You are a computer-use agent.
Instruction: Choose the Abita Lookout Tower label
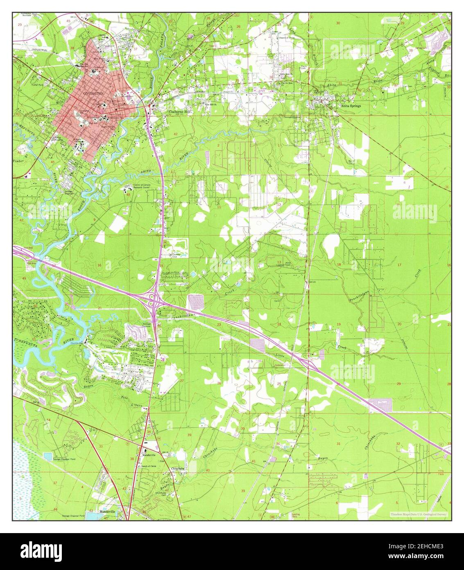coord(289,264)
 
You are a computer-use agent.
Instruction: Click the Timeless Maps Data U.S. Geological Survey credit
coord(419,514)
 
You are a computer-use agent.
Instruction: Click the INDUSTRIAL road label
coord(38,50)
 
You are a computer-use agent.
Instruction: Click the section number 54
coord(48,420)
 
